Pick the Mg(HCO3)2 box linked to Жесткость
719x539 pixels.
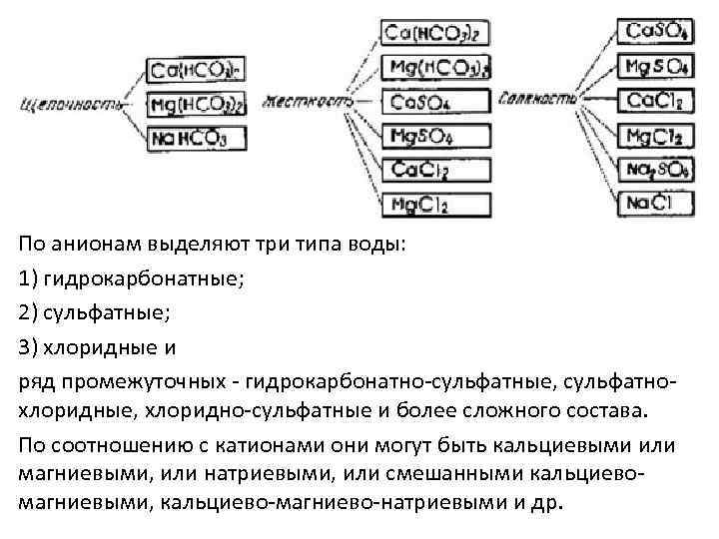point(436,68)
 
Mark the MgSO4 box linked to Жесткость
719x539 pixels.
point(436,136)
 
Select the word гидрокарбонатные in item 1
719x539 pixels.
point(139,277)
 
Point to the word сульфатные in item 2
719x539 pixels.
point(106,312)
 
